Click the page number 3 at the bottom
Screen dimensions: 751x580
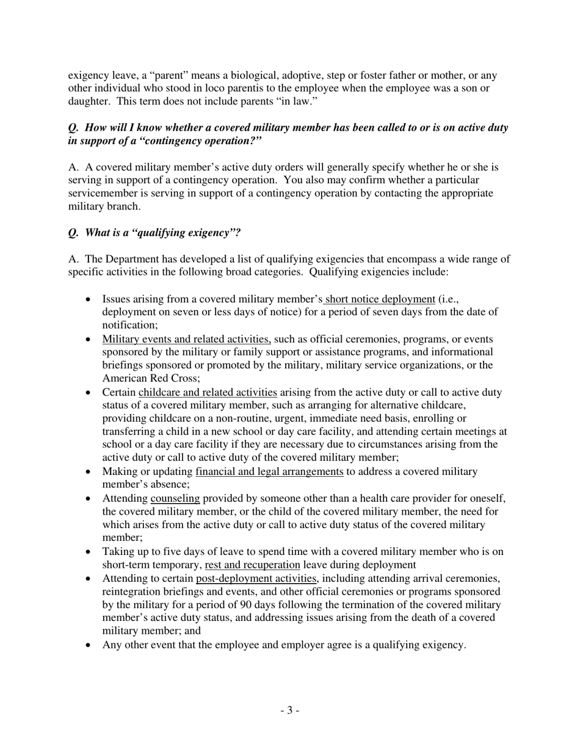tap(290, 710)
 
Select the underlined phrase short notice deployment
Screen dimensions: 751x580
tap(380, 299)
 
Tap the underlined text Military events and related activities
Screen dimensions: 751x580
tap(186, 339)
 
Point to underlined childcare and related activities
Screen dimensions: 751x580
tap(208, 392)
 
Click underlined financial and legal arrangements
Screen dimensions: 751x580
tap(269, 471)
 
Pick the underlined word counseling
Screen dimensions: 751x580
tap(175, 498)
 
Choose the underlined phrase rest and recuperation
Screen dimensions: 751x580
tap(252, 565)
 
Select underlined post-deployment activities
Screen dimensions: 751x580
tap(256, 578)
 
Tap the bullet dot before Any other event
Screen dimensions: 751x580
tap(89, 645)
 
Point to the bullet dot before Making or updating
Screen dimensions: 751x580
tap(89, 472)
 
